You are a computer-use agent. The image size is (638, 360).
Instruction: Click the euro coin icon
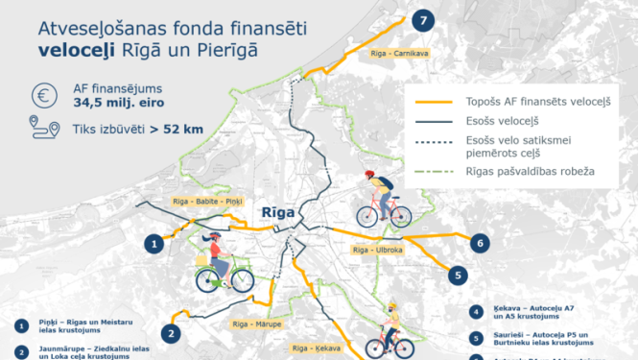pos(41,96)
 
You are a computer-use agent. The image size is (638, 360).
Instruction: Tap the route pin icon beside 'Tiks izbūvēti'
pos(41,130)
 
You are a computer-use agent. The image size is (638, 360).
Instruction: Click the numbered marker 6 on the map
pos(480,243)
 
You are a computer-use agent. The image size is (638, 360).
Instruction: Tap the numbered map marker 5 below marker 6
pos(460,275)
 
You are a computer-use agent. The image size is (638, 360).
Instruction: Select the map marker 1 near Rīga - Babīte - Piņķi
pos(153,244)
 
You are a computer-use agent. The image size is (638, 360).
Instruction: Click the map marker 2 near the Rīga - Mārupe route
pos(171,334)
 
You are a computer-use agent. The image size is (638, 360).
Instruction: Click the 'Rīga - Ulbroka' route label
pos(376,250)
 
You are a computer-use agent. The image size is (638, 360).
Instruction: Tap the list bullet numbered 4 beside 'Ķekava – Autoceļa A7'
pos(477,312)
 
